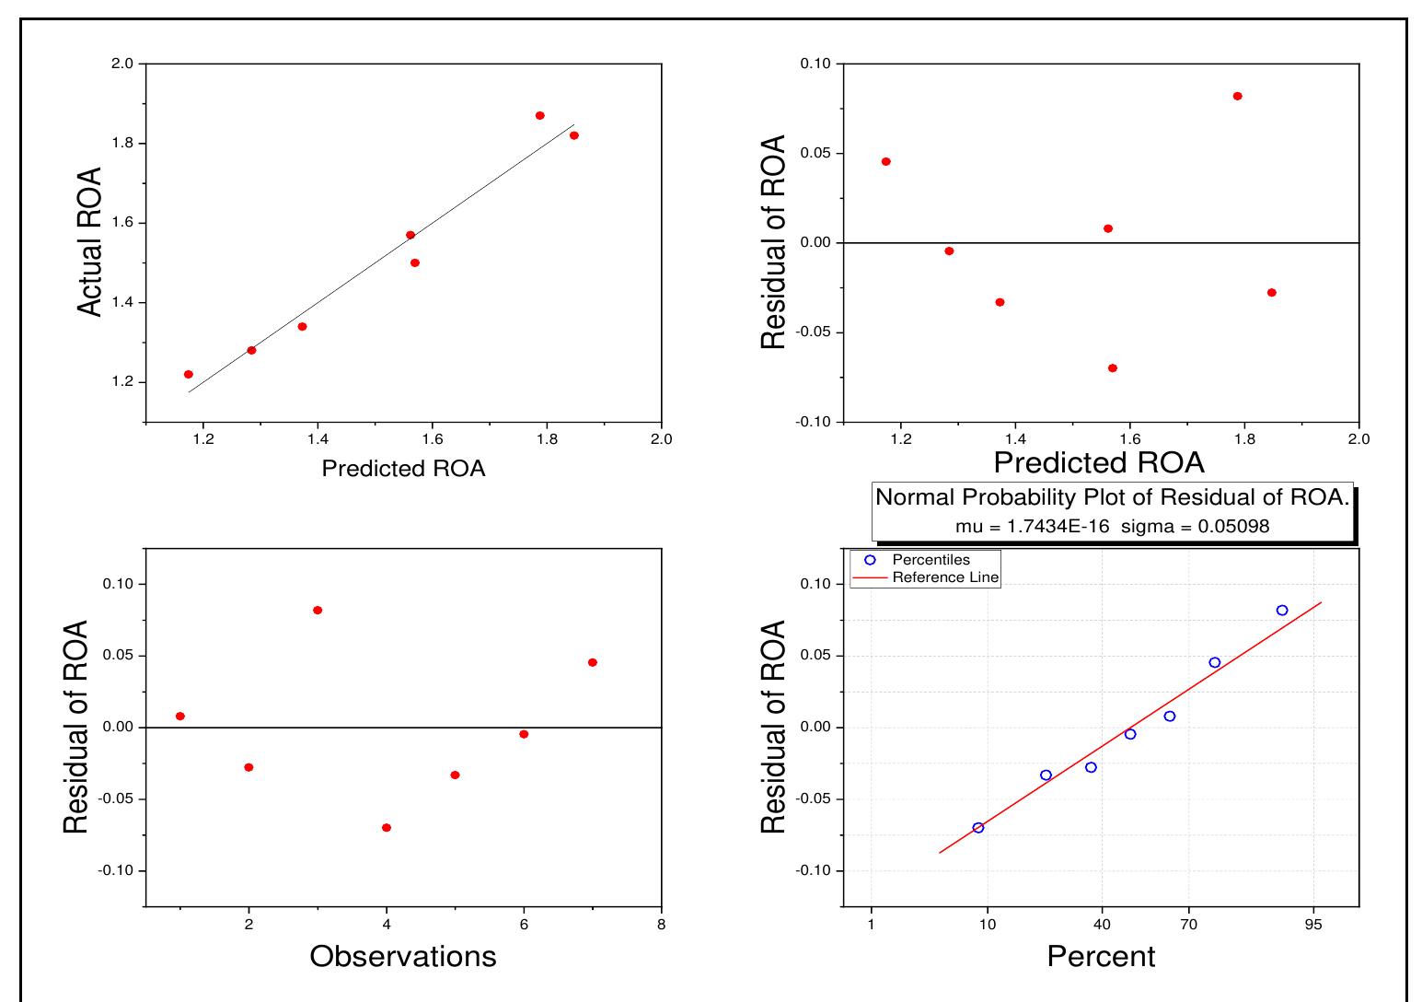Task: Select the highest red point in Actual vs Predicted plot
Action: point(540,116)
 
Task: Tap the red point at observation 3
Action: point(318,611)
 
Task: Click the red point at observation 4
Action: point(387,828)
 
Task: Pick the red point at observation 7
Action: point(593,663)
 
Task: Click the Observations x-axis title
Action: point(403,957)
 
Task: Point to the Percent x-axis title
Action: point(1101,957)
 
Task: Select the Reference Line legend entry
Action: point(945,578)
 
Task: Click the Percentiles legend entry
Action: point(931,560)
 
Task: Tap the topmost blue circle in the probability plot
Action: point(1282,611)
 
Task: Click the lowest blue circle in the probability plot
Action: point(978,828)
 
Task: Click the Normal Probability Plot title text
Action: point(1112,498)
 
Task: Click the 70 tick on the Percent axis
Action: point(1188,925)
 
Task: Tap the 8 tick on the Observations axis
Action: point(661,925)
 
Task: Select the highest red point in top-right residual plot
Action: point(1238,97)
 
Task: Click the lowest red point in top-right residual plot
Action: point(1113,368)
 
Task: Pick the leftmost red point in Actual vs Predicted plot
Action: point(189,375)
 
